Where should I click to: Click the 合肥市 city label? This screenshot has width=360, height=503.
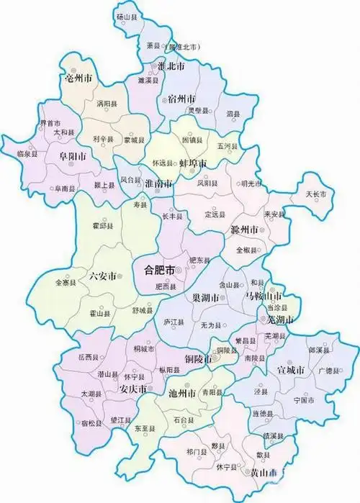(160, 271)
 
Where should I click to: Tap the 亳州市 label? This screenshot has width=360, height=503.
(78, 77)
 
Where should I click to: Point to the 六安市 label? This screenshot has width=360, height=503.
(102, 275)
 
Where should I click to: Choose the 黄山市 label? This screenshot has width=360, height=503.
(264, 472)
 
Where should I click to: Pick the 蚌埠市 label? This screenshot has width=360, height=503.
(192, 164)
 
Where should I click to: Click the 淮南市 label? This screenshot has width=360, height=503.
(158, 183)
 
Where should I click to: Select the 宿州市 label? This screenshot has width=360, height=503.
(180, 99)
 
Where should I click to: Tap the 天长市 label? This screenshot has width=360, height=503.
(317, 194)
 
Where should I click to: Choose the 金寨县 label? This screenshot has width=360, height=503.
(65, 284)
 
